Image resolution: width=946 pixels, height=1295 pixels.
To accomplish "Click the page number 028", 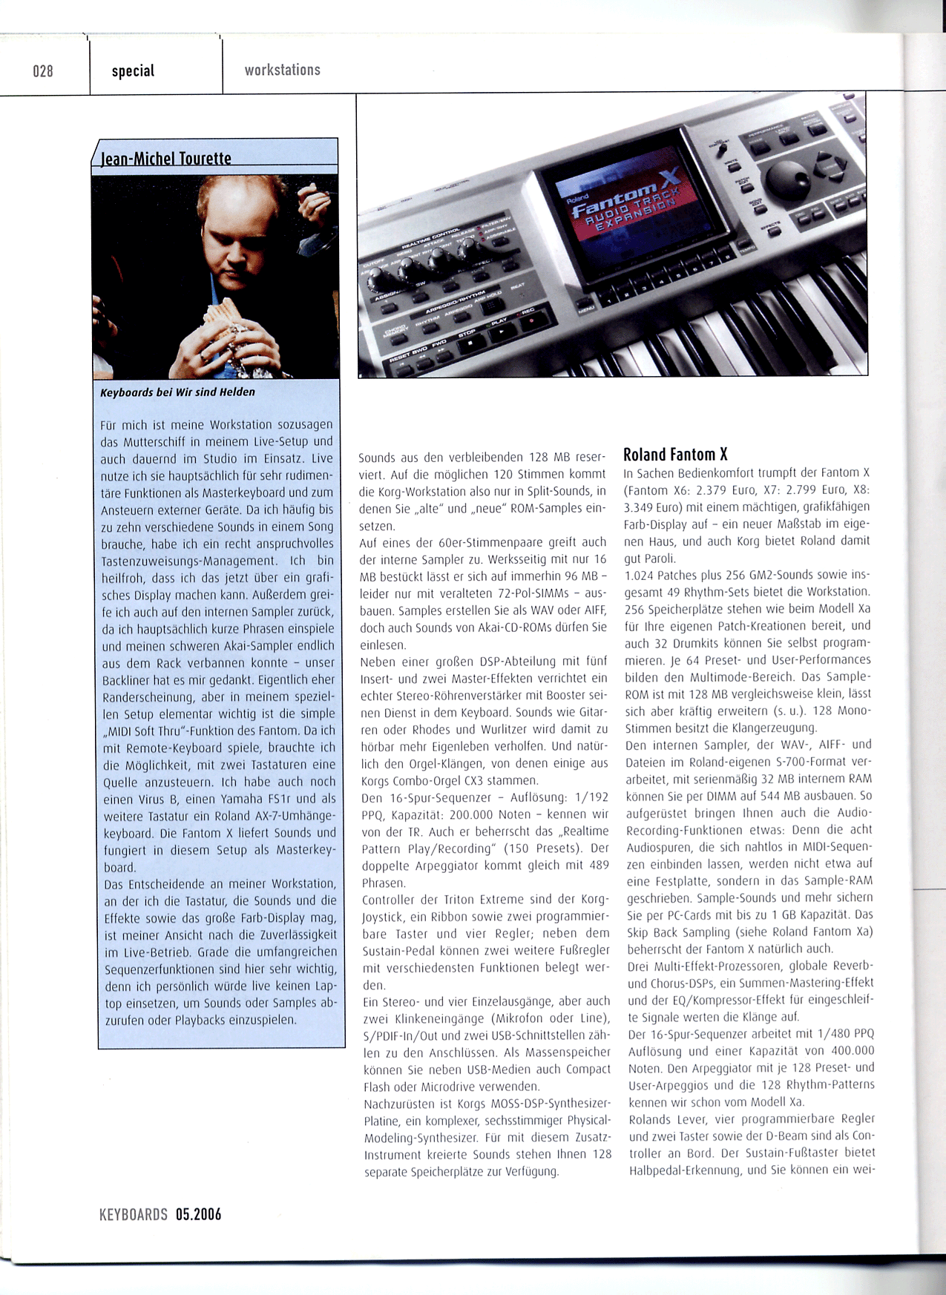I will point(43,71).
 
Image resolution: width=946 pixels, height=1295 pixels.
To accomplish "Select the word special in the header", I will point(133,71).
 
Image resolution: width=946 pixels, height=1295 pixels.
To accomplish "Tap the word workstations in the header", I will point(282,70).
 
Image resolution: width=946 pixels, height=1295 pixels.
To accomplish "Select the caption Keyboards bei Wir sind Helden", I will point(177,392).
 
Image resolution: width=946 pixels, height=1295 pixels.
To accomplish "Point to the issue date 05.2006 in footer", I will point(198,1214).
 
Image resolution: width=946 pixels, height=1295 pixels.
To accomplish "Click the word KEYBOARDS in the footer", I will point(134,1214).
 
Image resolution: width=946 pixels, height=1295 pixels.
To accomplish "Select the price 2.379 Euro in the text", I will point(727,490).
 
